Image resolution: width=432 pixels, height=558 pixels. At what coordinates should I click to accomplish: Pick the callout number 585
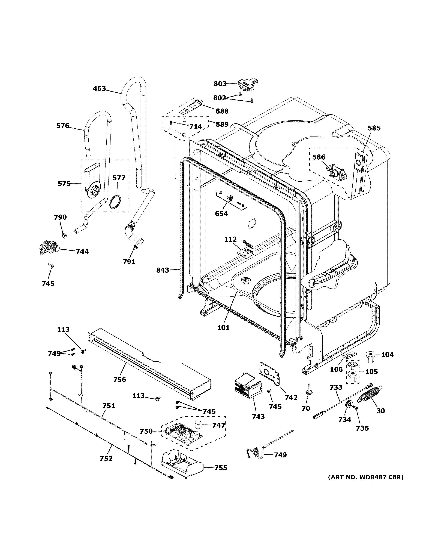click(374, 128)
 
